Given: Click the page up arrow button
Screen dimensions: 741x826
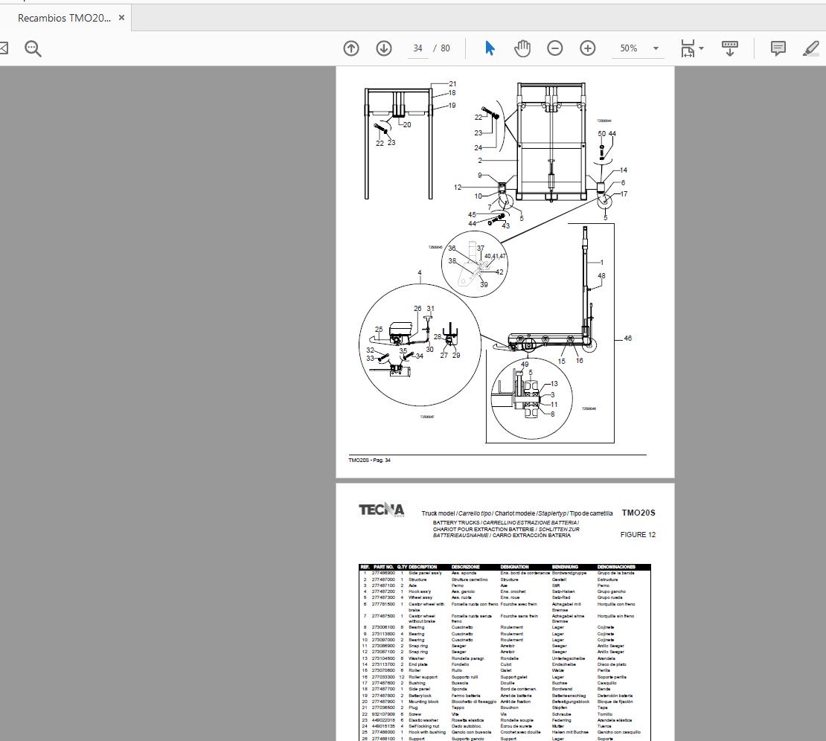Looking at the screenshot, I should (x=351, y=48).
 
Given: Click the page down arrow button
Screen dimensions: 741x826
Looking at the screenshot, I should (x=384, y=48).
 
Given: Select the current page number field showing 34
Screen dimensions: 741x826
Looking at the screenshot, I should (x=418, y=48).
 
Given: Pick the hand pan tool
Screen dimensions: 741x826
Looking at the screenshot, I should (x=522, y=48).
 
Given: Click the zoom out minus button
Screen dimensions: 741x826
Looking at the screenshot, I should (x=555, y=48).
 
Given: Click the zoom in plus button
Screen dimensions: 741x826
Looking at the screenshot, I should (x=588, y=48).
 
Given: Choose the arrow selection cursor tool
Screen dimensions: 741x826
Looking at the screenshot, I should (x=490, y=48).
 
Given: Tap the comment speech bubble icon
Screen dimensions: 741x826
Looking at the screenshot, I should (x=778, y=48).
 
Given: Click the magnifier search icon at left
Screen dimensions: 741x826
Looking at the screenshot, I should (x=33, y=48).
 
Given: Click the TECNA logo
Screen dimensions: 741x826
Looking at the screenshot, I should (x=382, y=510).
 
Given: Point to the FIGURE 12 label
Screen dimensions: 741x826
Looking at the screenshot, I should (x=638, y=535).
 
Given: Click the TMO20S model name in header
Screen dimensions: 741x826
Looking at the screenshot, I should (x=638, y=513).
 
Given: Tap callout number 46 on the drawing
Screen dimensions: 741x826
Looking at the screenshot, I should (x=628, y=339).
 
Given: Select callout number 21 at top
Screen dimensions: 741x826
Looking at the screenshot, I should (x=452, y=84).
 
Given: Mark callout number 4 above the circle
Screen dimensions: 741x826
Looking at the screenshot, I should (x=420, y=274).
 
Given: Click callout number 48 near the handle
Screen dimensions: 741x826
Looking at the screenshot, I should (x=601, y=276).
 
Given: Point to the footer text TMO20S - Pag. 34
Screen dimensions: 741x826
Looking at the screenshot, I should (x=369, y=461).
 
